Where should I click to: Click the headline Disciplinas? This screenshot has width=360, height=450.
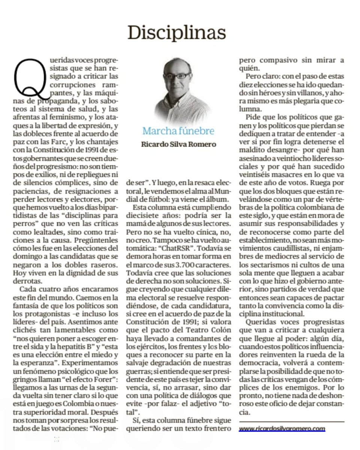pyautogui.click(x=177, y=33)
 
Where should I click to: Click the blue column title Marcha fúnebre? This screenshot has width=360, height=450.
pyautogui.click(x=178, y=131)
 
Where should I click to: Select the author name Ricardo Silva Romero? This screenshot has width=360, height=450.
pyautogui.click(x=178, y=144)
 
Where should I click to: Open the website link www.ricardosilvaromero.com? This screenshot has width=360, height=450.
pyautogui.click(x=282, y=428)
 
